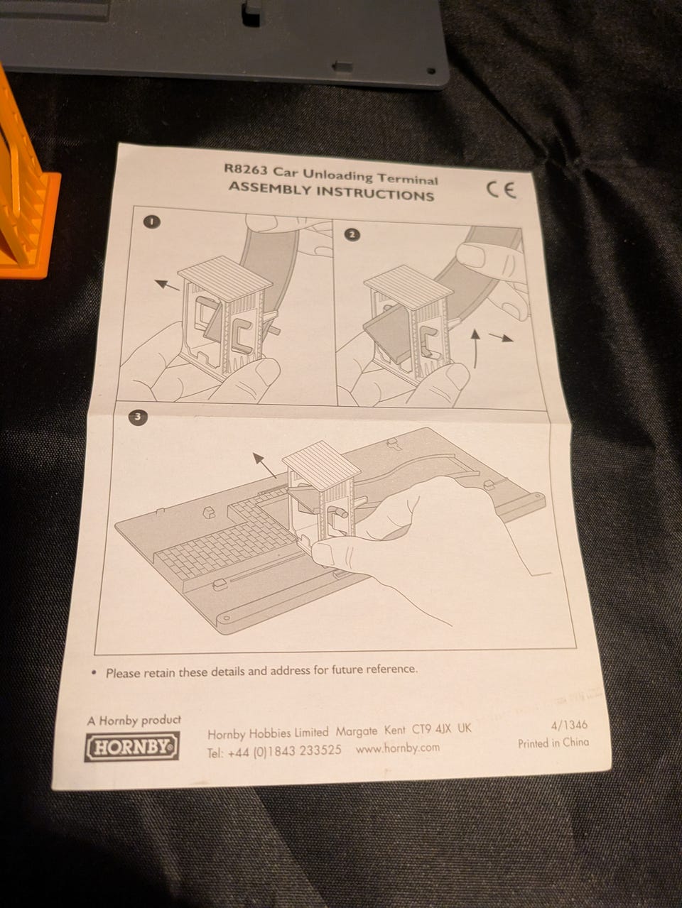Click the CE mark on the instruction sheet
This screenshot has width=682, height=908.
coord(501,190)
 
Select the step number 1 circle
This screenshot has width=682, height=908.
coord(151,221)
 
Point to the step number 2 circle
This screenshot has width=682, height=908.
coord(352,234)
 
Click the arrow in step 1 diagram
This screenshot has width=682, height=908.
coord(168,285)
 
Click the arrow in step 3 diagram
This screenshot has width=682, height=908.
coord(264,465)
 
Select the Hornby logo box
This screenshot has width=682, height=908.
coord(132,746)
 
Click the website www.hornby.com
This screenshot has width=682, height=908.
coord(398,748)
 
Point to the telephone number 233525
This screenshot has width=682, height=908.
coord(320,750)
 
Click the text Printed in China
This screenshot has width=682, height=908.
coord(553,743)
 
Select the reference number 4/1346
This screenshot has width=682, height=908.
coord(569,724)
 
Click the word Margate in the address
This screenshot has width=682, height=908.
coord(357,731)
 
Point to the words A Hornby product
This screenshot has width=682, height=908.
coord(134,720)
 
